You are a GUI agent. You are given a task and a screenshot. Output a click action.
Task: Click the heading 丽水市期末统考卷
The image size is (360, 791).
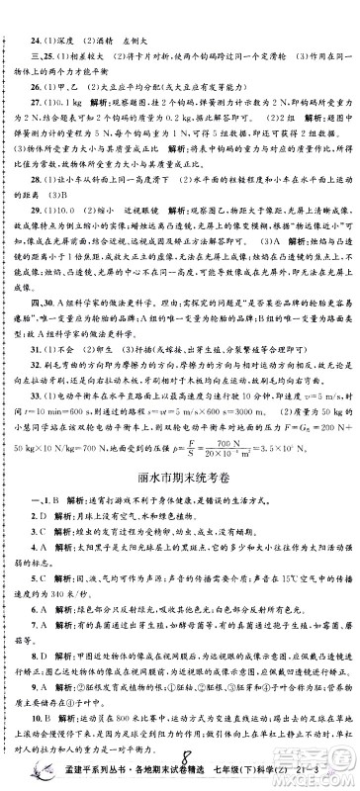pyautogui.click(x=181, y=453)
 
